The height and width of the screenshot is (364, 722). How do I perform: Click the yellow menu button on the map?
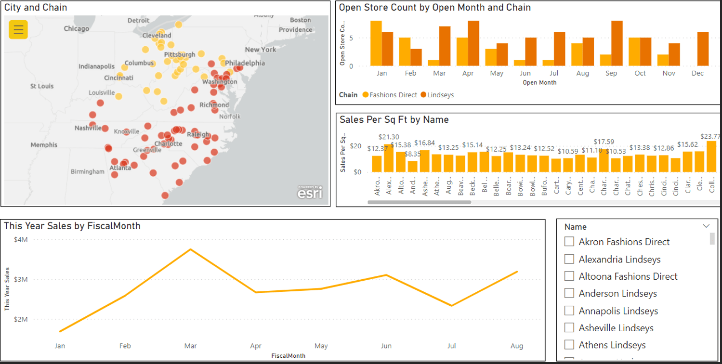18,30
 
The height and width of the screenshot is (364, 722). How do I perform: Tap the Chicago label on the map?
76,29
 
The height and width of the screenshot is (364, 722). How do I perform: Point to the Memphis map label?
44,145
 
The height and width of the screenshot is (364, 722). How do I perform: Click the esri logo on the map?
310,193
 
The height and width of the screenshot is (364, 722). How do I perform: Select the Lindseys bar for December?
703,49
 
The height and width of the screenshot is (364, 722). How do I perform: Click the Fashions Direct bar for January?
376,43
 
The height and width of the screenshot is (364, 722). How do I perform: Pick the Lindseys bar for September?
617,43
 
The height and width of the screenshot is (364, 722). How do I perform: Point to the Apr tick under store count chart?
468,74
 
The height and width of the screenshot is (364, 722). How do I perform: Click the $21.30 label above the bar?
389,137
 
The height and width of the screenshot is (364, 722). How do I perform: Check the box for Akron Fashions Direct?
569,242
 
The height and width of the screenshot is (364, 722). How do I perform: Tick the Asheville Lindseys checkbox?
569,328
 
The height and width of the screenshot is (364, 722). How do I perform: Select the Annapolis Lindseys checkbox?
569,311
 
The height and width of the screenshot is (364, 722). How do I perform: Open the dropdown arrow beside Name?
706,226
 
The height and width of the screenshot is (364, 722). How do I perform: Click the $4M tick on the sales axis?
21,240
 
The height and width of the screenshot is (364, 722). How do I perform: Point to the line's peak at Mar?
191,249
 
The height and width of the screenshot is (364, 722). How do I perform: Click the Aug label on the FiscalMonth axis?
517,346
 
